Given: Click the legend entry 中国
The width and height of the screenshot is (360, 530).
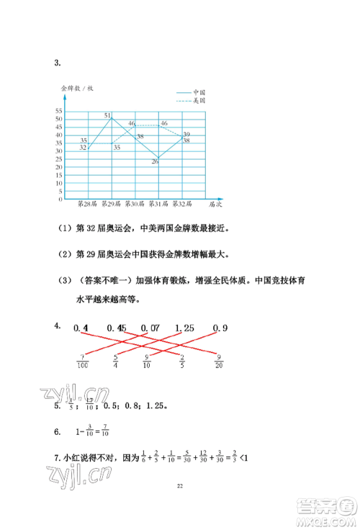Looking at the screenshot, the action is (199, 93).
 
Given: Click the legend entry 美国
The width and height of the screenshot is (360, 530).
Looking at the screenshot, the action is (199, 102).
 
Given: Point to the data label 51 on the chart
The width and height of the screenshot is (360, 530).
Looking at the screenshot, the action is (107, 115).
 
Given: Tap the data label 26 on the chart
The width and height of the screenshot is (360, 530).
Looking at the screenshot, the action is (155, 161).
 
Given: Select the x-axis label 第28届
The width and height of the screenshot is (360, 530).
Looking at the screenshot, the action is (87, 204).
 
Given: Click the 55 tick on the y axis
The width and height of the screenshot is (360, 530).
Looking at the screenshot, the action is (58, 111).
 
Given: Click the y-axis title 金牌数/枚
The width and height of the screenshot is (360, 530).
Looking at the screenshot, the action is (77, 88).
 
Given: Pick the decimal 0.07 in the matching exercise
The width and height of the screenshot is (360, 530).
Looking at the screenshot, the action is (149, 329).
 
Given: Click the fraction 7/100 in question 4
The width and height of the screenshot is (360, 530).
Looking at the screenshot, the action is (84, 361).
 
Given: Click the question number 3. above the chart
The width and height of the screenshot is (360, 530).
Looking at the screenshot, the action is (57, 63).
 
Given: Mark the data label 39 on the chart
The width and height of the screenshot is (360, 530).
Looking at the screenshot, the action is (186, 135).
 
